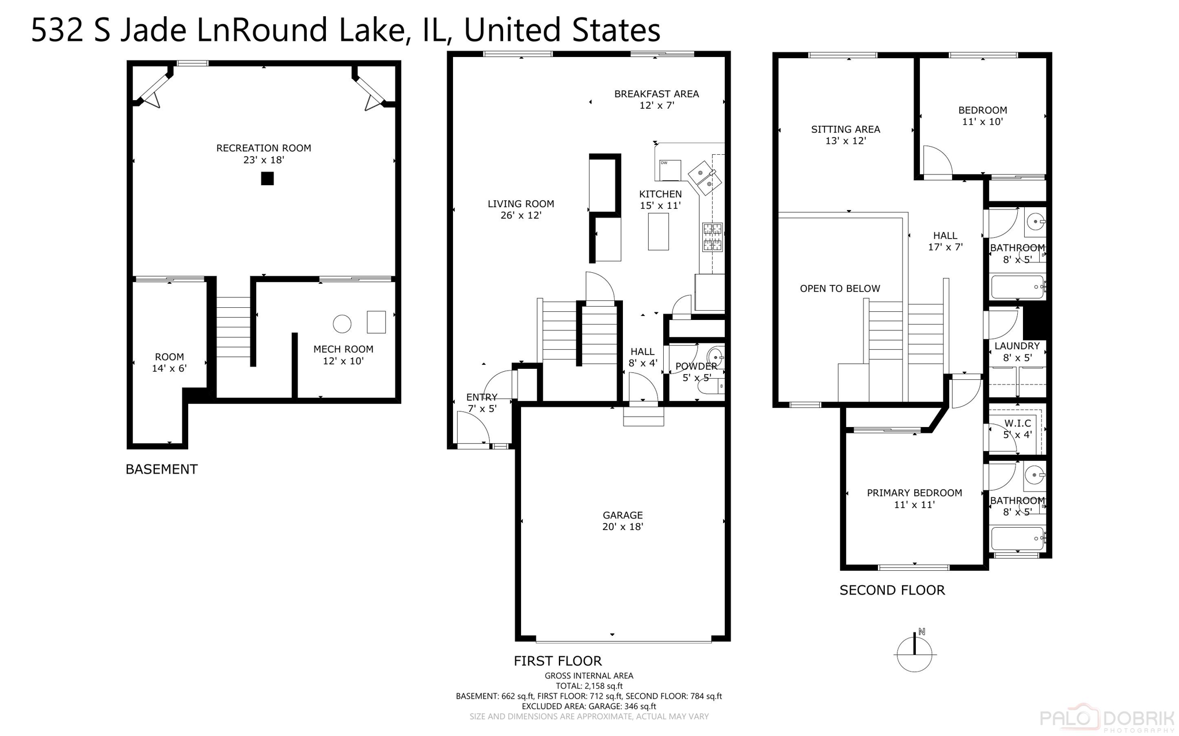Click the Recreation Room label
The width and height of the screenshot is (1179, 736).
(x=264, y=154)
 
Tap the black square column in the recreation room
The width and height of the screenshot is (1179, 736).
(x=267, y=178)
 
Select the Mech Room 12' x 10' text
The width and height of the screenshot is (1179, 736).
(x=343, y=355)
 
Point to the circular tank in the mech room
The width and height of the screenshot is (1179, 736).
(x=342, y=324)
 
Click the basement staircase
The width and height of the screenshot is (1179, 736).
(x=233, y=327)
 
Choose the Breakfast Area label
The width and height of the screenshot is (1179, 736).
(x=656, y=99)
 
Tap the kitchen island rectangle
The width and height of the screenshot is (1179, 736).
(x=658, y=231)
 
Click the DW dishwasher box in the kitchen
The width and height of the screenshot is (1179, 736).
(x=670, y=170)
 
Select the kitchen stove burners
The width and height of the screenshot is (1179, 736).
(x=712, y=238)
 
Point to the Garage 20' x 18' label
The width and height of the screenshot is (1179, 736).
(x=622, y=521)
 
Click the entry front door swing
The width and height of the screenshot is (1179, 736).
(x=474, y=429)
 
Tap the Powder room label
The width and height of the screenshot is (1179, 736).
(x=696, y=372)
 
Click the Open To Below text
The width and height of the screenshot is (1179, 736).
(x=840, y=288)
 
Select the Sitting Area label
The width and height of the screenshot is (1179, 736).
(x=845, y=135)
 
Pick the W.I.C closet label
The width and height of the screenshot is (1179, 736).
(x=1017, y=429)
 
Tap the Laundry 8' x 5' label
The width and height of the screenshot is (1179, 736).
(x=1017, y=352)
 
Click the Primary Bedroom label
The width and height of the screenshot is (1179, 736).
(x=914, y=498)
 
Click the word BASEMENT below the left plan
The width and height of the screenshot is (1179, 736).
(x=161, y=469)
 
